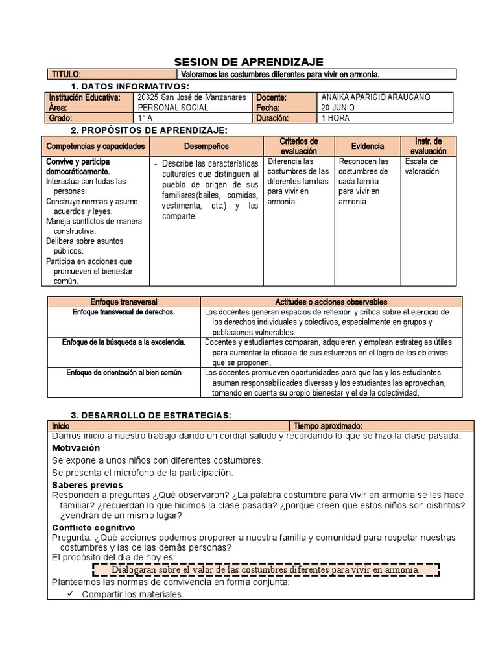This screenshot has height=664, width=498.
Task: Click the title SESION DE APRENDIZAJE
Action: point(249,62)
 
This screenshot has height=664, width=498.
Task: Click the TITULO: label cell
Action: point(67,75)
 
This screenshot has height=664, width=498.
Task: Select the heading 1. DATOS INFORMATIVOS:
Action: point(130,86)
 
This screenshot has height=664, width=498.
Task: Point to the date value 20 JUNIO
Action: point(338,108)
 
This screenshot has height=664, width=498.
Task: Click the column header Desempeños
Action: point(207,147)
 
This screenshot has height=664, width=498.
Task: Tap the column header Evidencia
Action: point(368,147)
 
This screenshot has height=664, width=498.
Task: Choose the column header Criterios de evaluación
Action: point(299,146)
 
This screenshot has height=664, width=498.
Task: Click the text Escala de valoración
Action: point(421,166)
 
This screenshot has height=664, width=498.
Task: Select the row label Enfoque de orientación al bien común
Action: point(124,373)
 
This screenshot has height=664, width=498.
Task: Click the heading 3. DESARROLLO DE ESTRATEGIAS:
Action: point(150,415)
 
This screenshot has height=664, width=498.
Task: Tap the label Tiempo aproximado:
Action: point(327,426)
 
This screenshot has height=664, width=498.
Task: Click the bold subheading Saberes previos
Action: point(87,485)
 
